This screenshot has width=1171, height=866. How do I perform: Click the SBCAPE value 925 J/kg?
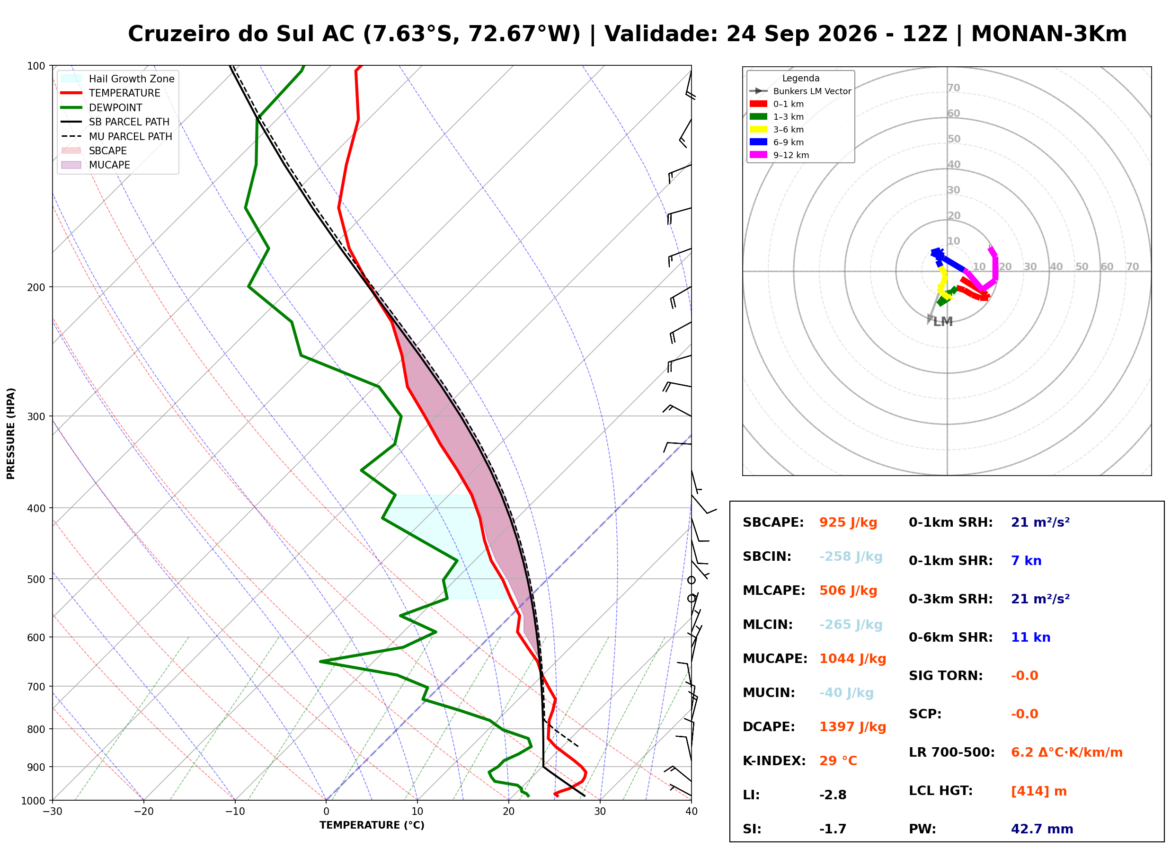(x=848, y=522)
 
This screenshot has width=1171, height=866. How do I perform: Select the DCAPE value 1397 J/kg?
(x=853, y=727)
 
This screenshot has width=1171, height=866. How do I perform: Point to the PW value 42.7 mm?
(x=1042, y=829)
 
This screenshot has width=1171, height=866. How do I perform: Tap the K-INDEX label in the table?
(x=774, y=761)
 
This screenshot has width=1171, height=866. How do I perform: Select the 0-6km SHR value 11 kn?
(x=1030, y=637)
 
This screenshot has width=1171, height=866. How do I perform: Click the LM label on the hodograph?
(x=943, y=322)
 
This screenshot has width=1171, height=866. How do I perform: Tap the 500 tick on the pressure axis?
(x=36, y=579)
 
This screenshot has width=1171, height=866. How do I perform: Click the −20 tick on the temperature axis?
(x=143, y=812)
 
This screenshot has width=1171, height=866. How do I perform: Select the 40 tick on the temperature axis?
(x=692, y=812)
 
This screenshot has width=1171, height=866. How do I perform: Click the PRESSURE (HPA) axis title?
(x=11, y=433)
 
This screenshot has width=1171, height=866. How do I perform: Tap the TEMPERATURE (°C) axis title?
(x=372, y=825)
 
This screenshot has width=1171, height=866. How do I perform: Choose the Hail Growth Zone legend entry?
(x=118, y=79)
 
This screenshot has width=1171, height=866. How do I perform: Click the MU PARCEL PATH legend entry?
(x=117, y=136)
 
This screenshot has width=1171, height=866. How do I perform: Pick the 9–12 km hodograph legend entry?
(x=780, y=155)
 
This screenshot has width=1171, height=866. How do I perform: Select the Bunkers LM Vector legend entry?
(x=800, y=91)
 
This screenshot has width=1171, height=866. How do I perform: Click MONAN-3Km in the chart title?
(x=1049, y=34)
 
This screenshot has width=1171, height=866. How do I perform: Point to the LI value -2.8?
(x=833, y=795)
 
